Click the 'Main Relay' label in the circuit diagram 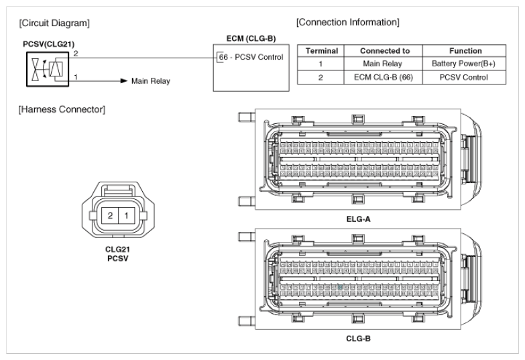[x=150, y=81]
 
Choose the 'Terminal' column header [x=321, y=50]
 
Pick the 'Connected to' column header [x=382, y=50]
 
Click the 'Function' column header [x=458, y=50]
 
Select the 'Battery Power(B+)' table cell [x=458, y=64]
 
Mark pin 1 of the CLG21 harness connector [x=127, y=217]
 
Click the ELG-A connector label [x=354, y=219]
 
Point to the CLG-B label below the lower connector [x=354, y=338]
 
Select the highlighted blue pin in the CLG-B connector [x=341, y=286]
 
